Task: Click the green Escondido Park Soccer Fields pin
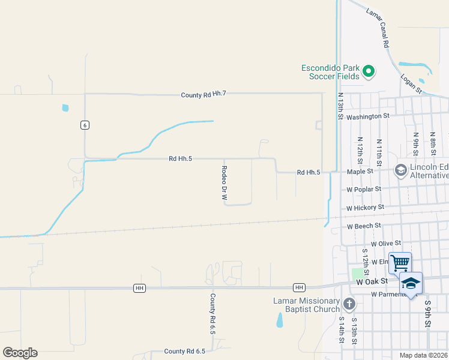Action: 369,72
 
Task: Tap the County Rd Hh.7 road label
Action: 203,94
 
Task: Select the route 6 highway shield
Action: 85,125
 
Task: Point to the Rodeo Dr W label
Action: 224,182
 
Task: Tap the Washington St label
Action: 368,116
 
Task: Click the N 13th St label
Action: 340,106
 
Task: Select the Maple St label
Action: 360,171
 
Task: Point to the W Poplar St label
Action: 364,189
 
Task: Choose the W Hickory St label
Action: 365,208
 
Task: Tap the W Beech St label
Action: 364,226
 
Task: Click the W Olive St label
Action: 385,244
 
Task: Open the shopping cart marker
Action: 400,263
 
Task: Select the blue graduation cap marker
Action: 411,283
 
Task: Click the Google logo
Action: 20,353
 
